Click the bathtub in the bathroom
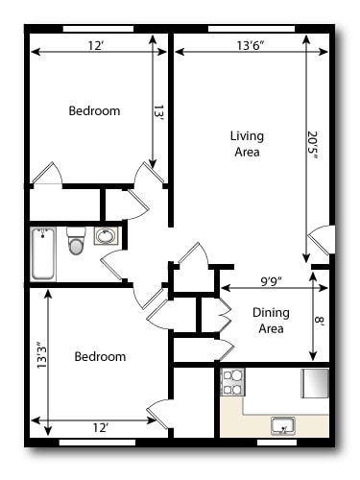pyautogui.click(x=43, y=253)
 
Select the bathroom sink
pyautogui.click(x=107, y=237)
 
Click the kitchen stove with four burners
pyautogui.click(x=233, y=382)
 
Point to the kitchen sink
pyautogui.click(x=283, y=424)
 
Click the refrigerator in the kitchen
pyautogui.click(x=315, y=382)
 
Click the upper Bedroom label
pyautogui.click(x=94, y=111)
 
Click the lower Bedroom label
pyautogui.click(x=100, y=356)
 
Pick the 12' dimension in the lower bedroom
pyautogui.click(x=100, y=426)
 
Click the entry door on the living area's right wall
pyautogui.click(x=322, y=240)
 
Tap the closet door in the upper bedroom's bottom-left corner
pyautogui.click(x=46, y=175)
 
